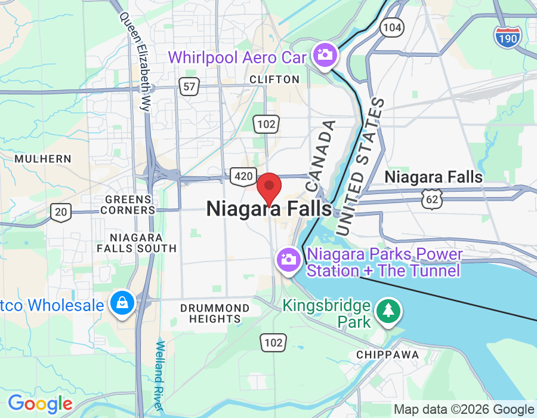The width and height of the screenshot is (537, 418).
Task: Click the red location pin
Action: tap(269, 187)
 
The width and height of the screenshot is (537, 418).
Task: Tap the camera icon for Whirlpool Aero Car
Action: tap(326, 56)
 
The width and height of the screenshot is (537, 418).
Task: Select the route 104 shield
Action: tap(393, 27)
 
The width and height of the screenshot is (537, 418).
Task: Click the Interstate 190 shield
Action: tap(508, 36)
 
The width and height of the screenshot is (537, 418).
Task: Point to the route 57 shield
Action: tap(189, 87)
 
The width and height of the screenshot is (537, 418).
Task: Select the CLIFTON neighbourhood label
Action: tap(274, 79)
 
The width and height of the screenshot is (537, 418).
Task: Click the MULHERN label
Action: tap(43, 159)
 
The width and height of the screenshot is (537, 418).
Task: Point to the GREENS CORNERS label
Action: tap(128, 204)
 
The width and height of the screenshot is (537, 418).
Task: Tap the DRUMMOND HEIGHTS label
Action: tap(215, 314)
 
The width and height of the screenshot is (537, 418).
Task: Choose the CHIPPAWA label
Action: tap(387, 355)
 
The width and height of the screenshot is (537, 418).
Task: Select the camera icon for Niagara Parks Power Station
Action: tap(288, 260)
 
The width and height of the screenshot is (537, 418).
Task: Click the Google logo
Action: tap(39, 404)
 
